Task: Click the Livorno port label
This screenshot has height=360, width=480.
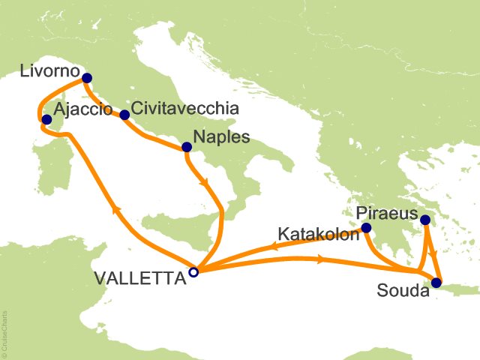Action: click(x=46, y=73)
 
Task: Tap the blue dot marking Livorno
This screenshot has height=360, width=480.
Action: click(x=87, y=77)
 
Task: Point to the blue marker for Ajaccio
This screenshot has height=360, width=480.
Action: click(x=46, y=119)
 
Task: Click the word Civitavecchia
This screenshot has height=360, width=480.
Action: click(x=185, y=109)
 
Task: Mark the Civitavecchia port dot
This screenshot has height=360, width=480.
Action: click(x=124, y=115)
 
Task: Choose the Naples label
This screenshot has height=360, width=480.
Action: click(x=221, y=138)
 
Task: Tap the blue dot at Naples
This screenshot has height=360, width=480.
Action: click(x=185, y=147)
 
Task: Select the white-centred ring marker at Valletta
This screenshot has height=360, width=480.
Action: click(x=193, y=272)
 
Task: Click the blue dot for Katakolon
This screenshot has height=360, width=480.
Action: click(x=366, y=228)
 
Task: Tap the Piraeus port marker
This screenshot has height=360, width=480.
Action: click(x=425, y=220)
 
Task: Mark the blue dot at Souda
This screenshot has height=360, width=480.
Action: click(x=436, y=283)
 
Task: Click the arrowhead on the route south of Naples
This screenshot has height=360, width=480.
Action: click(x=203, y=181)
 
